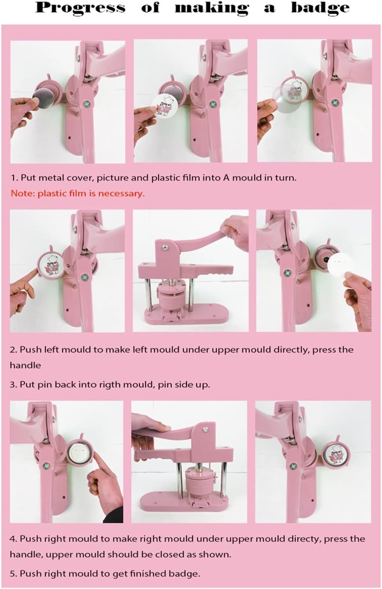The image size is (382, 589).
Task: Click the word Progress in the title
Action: (x=81, y=8)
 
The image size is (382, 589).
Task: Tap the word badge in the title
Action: (x=320, y=8)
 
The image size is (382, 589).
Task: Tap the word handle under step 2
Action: (x=25, y=365)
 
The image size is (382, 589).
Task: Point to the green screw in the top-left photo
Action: (x=86, y=104)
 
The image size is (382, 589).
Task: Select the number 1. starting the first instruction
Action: (x=14, y=178)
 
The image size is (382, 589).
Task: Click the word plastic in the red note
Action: (x=52, y=194)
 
